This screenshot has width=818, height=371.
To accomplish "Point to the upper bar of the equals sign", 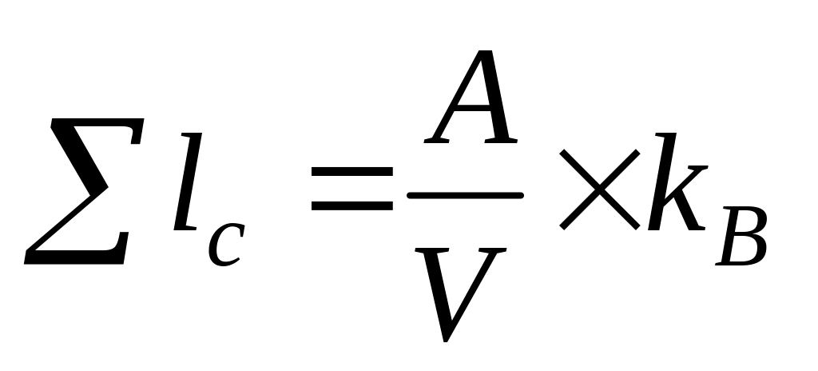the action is (x=351, y=172).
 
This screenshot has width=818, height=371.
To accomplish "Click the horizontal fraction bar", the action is (x=464, y=194).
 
